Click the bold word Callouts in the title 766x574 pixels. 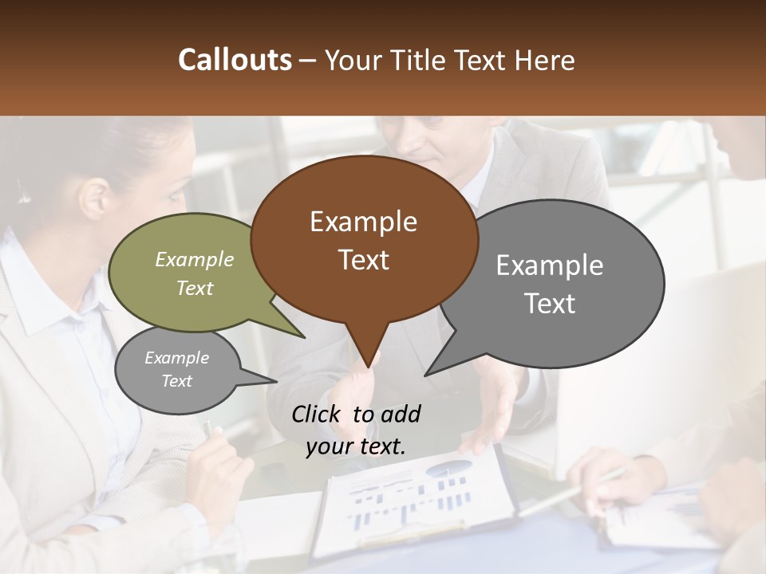click(x=235, y=60)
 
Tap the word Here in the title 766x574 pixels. click(x=545, y=60)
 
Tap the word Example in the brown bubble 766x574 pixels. click(x=363, y=222)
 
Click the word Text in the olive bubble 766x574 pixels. click(x=195, y=289)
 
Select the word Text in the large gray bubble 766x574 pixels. click(x=551, y=304)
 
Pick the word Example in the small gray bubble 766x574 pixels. click(x=176, y=358)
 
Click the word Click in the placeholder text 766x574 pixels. click(x=316, y=414)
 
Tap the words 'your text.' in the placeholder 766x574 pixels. click(x=355, y=446)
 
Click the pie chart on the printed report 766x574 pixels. click(x=451, y=468)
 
